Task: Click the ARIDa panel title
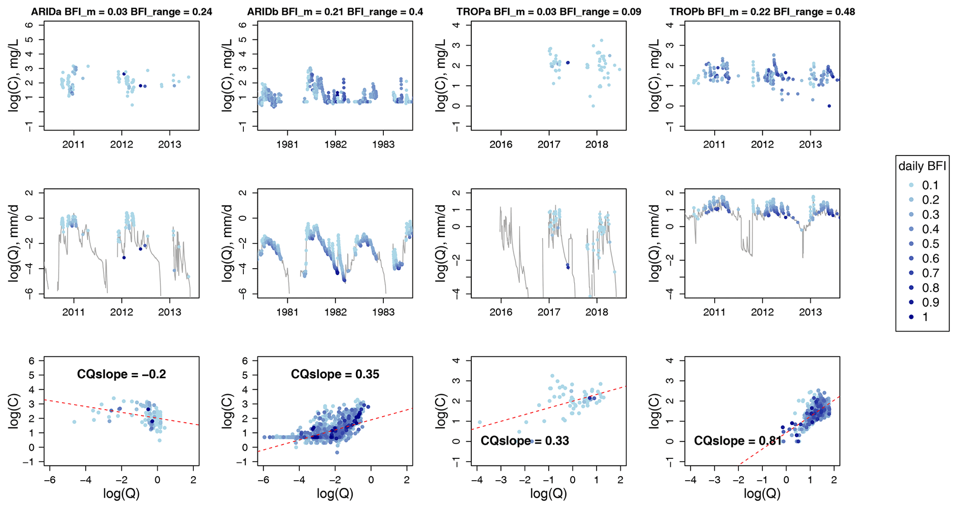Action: click(x=121, y=12)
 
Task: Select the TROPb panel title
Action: click(x=762, y=12)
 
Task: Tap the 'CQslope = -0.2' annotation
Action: click(x=121, y=374)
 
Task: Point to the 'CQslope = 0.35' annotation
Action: click(x=335, y=374)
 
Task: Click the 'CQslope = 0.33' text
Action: click(x=525, y=441)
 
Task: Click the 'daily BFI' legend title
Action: click(x=922, y=166)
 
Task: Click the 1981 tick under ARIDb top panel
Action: click(x=287, y=144)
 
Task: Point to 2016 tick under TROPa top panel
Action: click(x=501, y=144)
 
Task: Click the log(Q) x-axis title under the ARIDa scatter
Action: click(x=121, y=494)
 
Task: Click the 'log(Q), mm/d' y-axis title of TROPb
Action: click(x=655, y=242)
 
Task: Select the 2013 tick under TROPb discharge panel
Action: click(x=810, y=312)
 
